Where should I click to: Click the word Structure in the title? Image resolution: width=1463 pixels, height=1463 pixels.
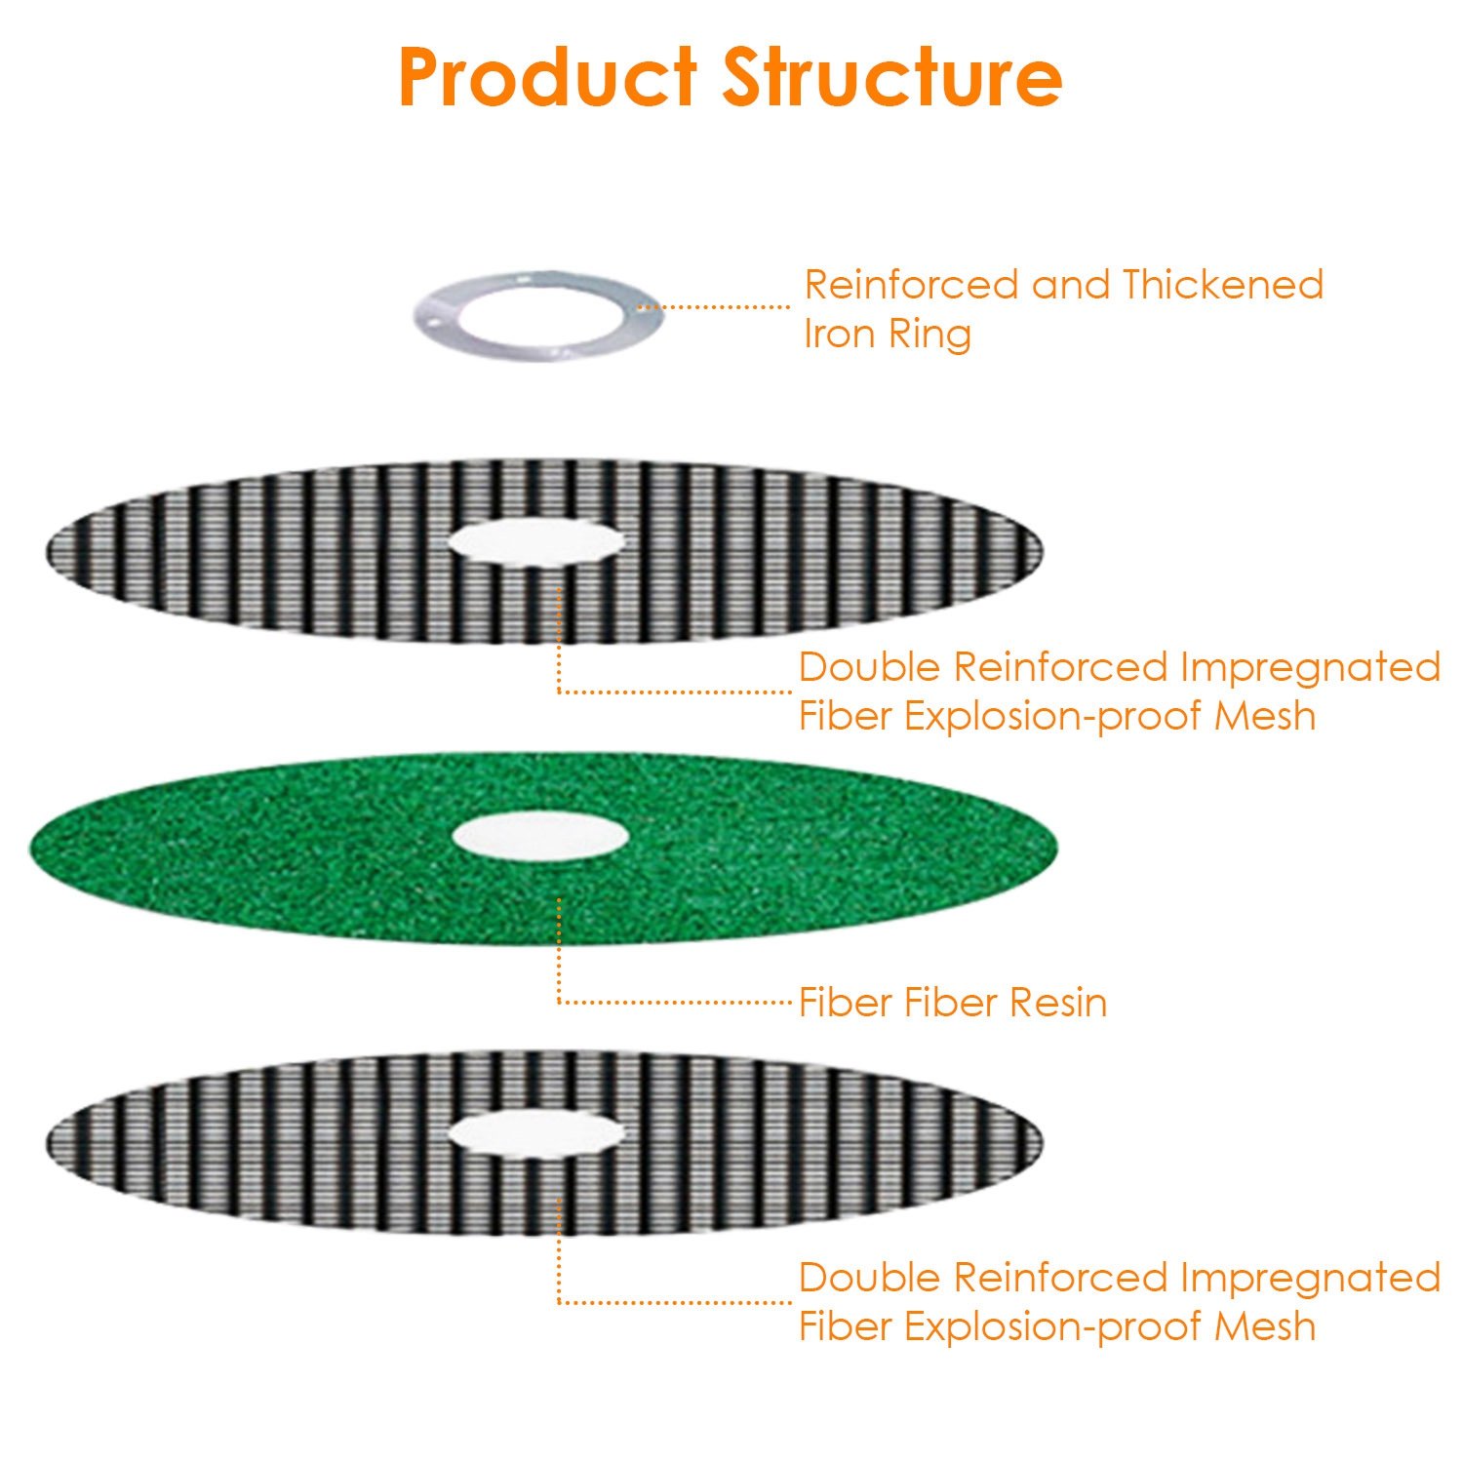[891, 78]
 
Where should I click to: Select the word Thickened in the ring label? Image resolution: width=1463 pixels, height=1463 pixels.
[1222, 285]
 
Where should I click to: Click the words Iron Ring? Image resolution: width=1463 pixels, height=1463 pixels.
[887, 334]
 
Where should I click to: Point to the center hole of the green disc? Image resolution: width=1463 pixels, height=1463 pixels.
[539, 836]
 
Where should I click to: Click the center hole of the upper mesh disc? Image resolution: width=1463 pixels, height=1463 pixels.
[535, 540]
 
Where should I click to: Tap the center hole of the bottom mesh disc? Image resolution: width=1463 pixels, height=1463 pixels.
[535, 1133]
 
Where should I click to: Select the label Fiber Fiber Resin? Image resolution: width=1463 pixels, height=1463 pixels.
[952, 1003]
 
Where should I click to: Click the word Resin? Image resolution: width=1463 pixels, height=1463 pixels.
[1058, 1003]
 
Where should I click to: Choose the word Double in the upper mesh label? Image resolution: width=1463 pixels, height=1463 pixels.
[869, 668]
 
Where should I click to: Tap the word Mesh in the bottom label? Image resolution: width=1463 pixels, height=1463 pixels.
[1265, 1327]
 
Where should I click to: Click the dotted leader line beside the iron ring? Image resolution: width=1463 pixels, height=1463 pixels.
[714, 307]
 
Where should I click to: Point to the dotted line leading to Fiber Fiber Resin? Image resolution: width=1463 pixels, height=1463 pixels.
[673, 1002]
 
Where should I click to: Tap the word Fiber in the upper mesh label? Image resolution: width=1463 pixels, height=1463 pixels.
[845, 717]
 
